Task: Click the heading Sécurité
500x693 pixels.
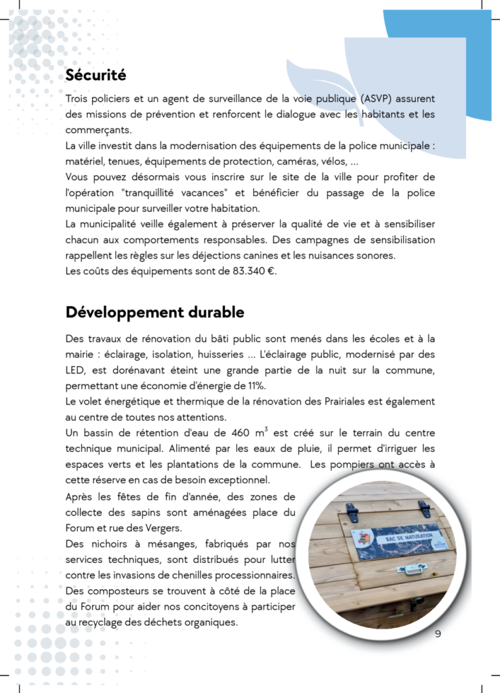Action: click(x=96, y=74)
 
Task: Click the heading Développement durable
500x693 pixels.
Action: click(x=154, y=313)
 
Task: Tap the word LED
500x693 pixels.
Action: click(x=77, y=370)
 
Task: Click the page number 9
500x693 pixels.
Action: click(x=438, y=634)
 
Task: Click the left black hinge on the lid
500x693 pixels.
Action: click(x=350, y=514)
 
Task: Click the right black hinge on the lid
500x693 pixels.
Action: click(x=424, y=508)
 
